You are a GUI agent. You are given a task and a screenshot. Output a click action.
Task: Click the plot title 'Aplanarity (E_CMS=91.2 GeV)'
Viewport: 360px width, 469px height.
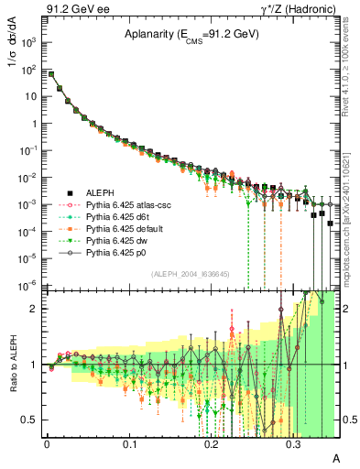(192, 34)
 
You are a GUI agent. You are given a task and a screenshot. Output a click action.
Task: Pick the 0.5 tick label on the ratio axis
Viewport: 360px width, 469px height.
(31, 420)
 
